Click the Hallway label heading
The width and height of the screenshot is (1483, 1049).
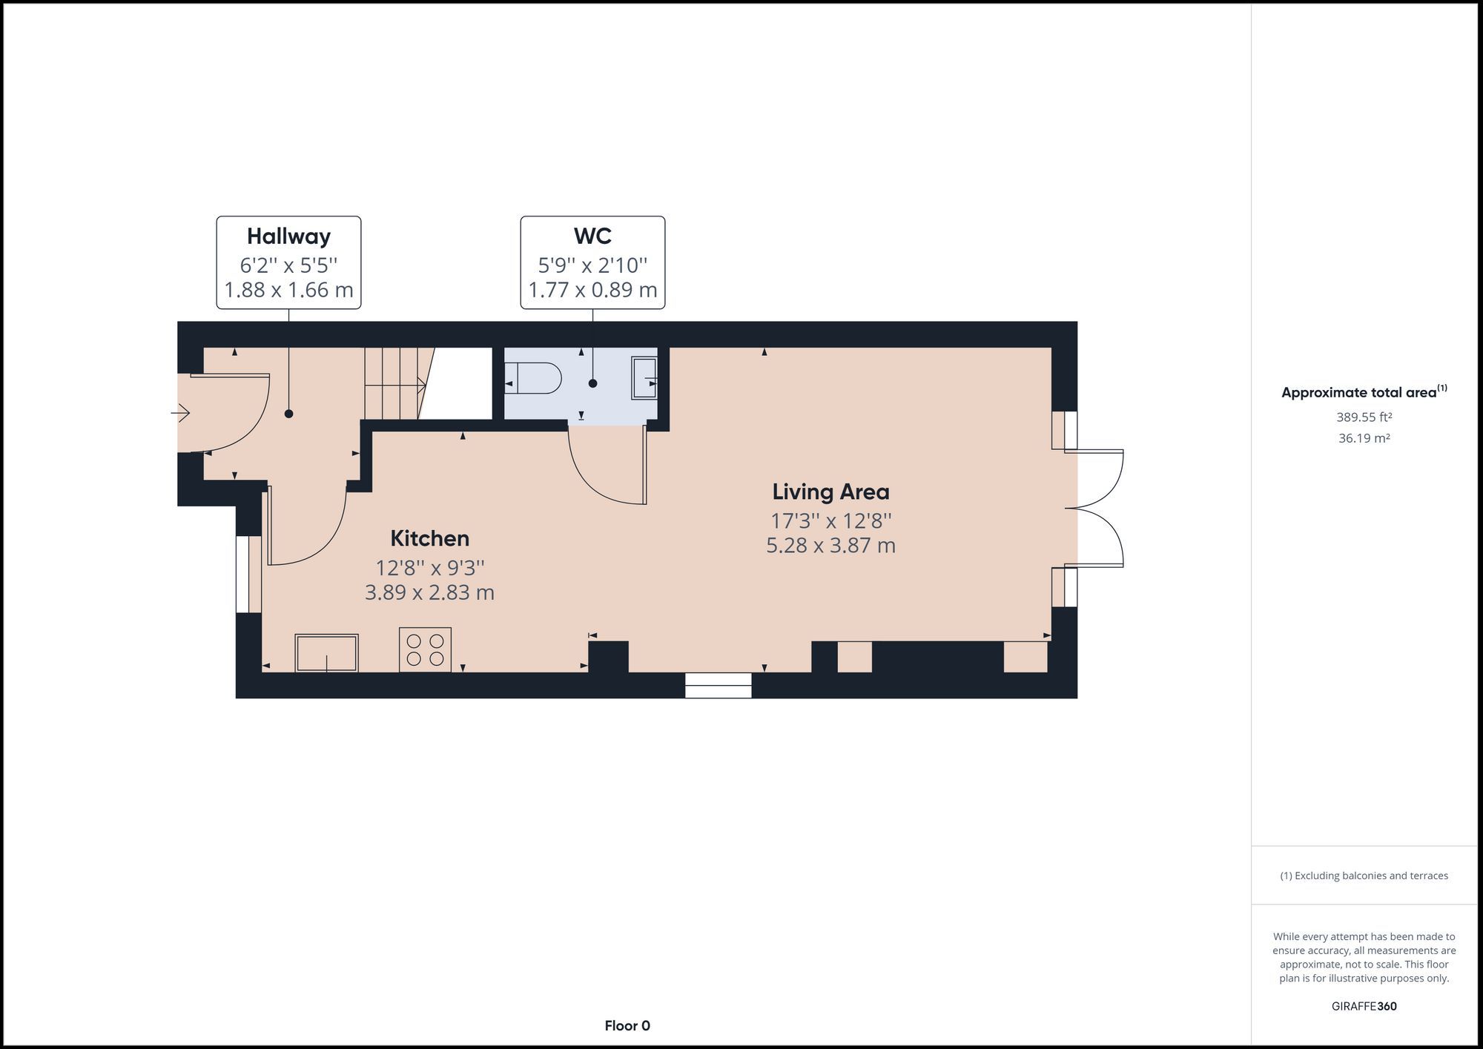point(288,236)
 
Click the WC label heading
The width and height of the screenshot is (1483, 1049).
point(592,236)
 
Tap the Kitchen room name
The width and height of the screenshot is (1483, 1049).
point(429,538)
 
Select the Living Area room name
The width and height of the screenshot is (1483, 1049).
point(830,492)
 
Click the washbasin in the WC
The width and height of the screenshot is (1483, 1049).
point(644,378)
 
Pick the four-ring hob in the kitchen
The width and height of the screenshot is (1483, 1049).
point(425,650)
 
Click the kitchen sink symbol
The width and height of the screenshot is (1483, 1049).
point(326,653)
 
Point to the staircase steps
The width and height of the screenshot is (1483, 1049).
point(393,383)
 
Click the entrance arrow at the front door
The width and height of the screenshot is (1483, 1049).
point(181,412)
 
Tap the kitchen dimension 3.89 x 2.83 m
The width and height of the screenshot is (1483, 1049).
point(429,592)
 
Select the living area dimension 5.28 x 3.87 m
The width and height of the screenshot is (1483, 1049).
point(830,546)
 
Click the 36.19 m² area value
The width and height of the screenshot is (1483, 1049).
point(1364,438)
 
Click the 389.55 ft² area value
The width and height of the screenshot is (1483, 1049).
point(1364,417)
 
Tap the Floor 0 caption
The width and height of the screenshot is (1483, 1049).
point(627,1026)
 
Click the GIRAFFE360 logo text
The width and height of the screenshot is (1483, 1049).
point(1364,1006)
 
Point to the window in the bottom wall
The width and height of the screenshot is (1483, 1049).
point(718,686)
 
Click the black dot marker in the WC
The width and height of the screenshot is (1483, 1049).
point(592,383)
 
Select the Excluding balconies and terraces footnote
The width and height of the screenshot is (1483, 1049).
point(1364,876)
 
